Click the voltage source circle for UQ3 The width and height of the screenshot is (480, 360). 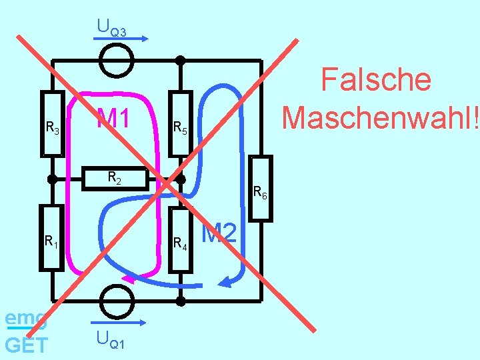(117, 61)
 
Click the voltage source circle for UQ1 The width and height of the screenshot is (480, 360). (117, 301)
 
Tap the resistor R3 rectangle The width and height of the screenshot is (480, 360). (51, 123)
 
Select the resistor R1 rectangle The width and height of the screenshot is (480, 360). (51, 237)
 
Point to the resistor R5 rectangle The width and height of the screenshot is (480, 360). (180, 123)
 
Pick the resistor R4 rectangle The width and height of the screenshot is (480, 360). (180, 240)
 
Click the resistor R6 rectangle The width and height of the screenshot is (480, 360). (261, 188)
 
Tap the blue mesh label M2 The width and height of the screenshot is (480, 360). (219, 233)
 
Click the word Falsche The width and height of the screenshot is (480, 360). (376, 80)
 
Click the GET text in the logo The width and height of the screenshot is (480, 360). (26, 345)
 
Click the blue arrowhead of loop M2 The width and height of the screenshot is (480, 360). (227, 283)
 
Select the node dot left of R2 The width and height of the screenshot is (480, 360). (51, 179)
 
